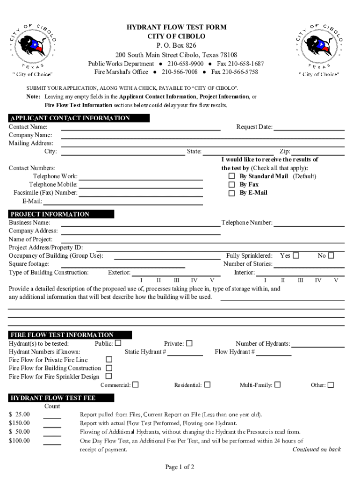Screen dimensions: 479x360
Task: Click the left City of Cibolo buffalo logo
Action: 33,47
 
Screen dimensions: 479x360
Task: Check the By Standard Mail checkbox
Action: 231,176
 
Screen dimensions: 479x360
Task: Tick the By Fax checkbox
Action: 231,185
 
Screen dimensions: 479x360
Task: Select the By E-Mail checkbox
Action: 231,193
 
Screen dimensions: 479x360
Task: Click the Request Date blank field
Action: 309,127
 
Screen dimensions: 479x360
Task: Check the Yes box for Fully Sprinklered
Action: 296,256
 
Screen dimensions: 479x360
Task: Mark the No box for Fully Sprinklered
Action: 331,256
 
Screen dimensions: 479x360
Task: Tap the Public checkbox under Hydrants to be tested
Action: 118,343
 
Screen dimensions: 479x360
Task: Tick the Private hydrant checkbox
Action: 189,343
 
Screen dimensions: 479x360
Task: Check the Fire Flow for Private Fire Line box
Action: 109,360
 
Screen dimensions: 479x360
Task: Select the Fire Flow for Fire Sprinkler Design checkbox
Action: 109,376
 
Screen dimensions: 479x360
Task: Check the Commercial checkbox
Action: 136,385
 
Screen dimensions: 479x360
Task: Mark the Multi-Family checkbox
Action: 278,385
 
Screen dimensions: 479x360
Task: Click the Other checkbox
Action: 331,385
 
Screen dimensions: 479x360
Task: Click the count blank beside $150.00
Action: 52,425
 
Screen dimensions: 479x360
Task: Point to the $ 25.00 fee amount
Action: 19,414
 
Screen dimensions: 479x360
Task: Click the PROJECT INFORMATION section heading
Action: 50,214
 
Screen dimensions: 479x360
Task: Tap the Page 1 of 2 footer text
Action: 180,467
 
